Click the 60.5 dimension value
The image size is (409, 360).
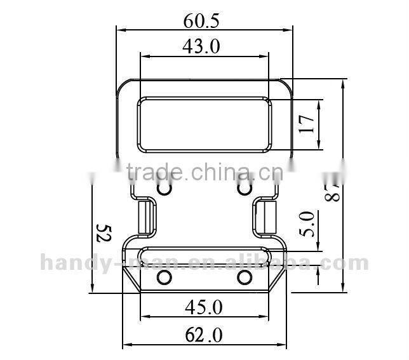click(202, 20)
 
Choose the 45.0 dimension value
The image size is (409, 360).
click(204, 307)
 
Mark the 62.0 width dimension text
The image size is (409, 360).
click(204, 334)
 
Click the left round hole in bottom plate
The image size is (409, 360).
click(164, 277)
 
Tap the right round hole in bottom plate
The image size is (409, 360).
click(245, 277)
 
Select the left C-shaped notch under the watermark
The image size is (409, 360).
click(164, 189)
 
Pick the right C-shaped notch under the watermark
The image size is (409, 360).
click(244, 189)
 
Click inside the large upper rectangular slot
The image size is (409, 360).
click(204, 124)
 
